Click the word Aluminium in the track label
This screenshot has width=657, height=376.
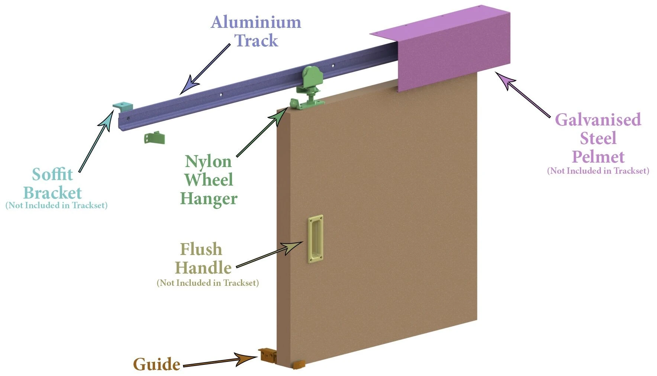(x=256, y=22)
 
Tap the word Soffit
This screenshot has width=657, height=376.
(x=52, y=174)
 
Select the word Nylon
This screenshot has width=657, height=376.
(x=208, y=162)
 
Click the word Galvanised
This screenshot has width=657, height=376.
(x=598, y=120)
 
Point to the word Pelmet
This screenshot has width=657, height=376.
(x=598, y=157)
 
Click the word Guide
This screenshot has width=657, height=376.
(x=157, y=364)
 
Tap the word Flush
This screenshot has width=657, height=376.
(x=201, y=249)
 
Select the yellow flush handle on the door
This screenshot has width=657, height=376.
(x=315, y=239)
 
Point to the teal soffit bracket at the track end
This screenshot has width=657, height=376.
(x=123, y=107)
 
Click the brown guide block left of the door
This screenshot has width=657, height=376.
(x=267, y=356)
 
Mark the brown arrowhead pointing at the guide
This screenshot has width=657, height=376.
(x=246, y=359)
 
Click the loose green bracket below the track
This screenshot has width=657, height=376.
(x=154, y=138)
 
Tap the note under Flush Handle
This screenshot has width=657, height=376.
(x=207, y=283)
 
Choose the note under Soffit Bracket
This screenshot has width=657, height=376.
(x=57, y=206)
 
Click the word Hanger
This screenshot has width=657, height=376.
(x=209, y=199)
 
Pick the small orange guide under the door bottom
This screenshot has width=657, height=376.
(x=299, y=365)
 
